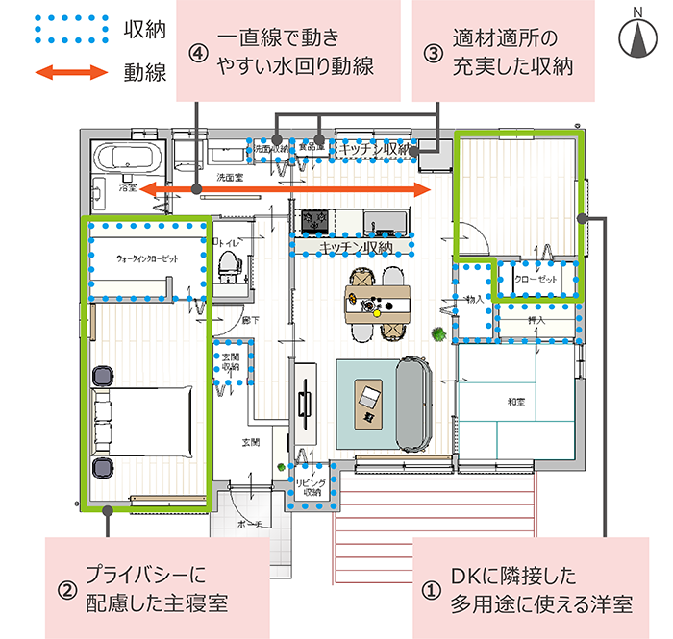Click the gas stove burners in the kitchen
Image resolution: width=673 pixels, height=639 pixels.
314,222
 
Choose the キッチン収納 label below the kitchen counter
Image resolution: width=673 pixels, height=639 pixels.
353,247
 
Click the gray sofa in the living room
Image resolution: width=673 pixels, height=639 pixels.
415,403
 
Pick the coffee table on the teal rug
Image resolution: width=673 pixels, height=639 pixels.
369,405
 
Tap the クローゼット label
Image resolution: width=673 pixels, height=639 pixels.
536,279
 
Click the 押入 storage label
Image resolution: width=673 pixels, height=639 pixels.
536,320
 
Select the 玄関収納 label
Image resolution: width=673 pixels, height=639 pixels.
231,362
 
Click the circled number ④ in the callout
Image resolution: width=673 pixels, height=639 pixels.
199,53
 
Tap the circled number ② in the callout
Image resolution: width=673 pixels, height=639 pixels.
66,590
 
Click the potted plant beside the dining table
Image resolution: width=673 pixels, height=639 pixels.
437,333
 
